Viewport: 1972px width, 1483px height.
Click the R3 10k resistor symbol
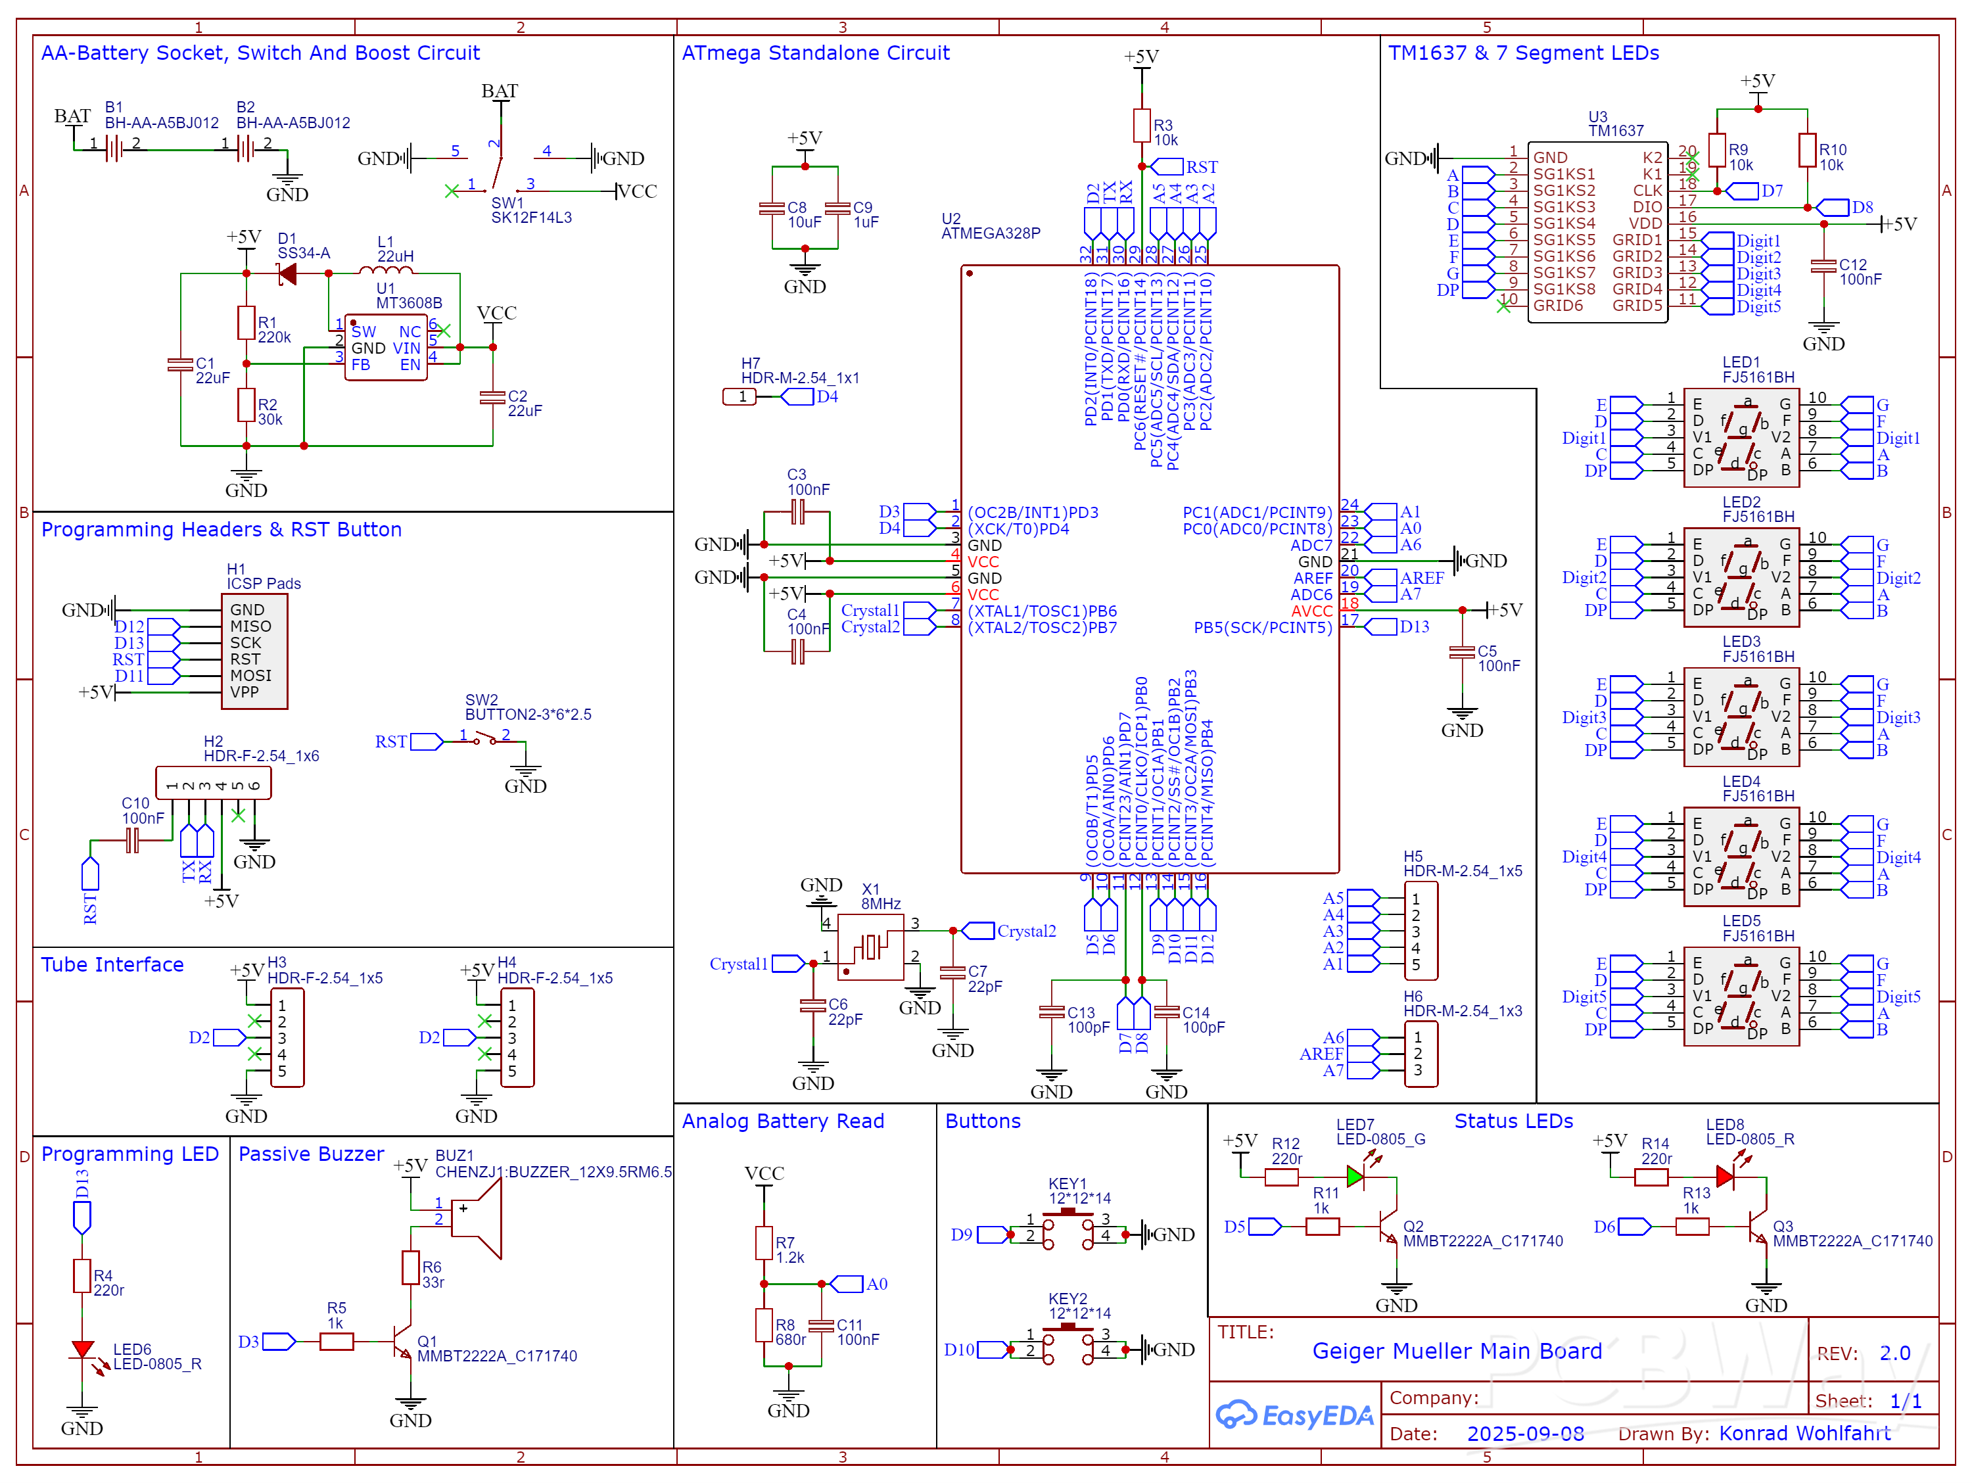coord(1141,126)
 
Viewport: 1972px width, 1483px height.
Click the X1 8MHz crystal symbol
coord(870,946)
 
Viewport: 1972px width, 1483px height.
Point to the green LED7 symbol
coord(1355,1177)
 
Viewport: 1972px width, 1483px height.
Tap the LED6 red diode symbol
coord(82,1350)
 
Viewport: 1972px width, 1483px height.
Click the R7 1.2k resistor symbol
coord(764,1242)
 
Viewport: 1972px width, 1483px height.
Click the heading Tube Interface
coord(112,965)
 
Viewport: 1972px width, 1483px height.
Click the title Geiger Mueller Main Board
coord(1457,1351)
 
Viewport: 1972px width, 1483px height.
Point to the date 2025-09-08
coord(1526,1433)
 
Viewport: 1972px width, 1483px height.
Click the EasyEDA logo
coord(1294,1415)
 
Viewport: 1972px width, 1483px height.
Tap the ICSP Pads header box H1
coord(254,651)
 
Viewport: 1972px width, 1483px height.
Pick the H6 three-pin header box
coord(1420,1054)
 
